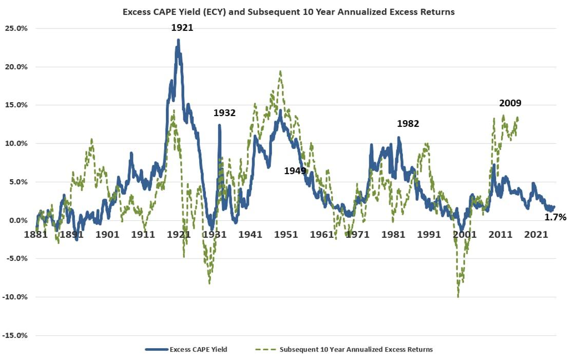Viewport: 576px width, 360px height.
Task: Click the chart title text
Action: [x=289, y=12]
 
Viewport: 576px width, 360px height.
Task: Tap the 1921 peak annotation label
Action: [x=182, y=28]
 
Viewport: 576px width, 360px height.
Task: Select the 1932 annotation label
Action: [x=224, y=113]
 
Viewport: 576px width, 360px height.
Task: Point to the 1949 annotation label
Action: [x=295, y=170]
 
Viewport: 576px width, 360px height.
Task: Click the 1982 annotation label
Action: [x=408, y=124]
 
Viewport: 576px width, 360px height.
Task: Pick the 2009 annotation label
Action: [x=510, y=103]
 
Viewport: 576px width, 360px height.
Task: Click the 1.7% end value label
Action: [x=555, y=217]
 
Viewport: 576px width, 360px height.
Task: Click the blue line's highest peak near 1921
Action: [x=178, y=40]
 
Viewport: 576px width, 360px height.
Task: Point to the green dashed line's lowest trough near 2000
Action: [x=458, y=296]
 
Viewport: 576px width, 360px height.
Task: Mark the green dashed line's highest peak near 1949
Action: [x=280, y=72]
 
